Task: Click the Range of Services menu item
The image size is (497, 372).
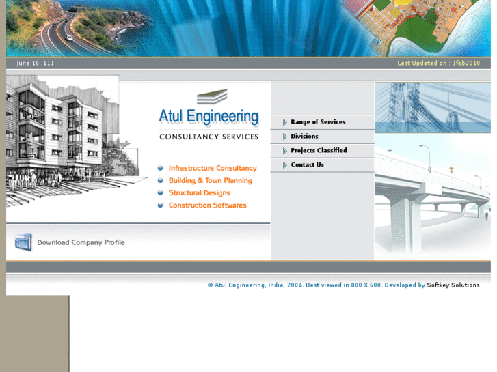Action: coord(318,122)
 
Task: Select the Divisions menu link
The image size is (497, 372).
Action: coord(304,137)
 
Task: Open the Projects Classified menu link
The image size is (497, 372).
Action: coord(319,151)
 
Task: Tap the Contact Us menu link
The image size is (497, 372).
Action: coord(307,165)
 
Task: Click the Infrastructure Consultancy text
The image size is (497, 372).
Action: coord(213,168)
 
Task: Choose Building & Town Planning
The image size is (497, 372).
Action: coord(211,181)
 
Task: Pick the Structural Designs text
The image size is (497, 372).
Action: coord(199,193)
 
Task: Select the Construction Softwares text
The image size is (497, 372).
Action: coord(207,205)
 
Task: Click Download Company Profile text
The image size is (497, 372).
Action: coord(81,242)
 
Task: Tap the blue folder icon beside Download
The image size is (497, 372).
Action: coord(23,242)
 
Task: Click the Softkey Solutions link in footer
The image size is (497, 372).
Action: coord(453,285)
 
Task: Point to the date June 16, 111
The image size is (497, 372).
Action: coord(36,63)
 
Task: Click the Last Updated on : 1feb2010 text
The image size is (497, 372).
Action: coord(439,63)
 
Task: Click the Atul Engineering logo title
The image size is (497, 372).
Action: coord(209,117)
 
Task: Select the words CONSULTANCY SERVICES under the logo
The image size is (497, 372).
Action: coord(209,137)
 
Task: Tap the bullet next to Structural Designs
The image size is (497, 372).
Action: coord(160,193)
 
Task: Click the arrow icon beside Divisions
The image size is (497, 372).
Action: coord(285,137)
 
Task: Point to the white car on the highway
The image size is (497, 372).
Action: coord(69,38)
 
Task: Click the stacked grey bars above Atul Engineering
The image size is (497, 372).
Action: coord(212,96)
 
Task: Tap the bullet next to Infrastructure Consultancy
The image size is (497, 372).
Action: coord(160,168)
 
